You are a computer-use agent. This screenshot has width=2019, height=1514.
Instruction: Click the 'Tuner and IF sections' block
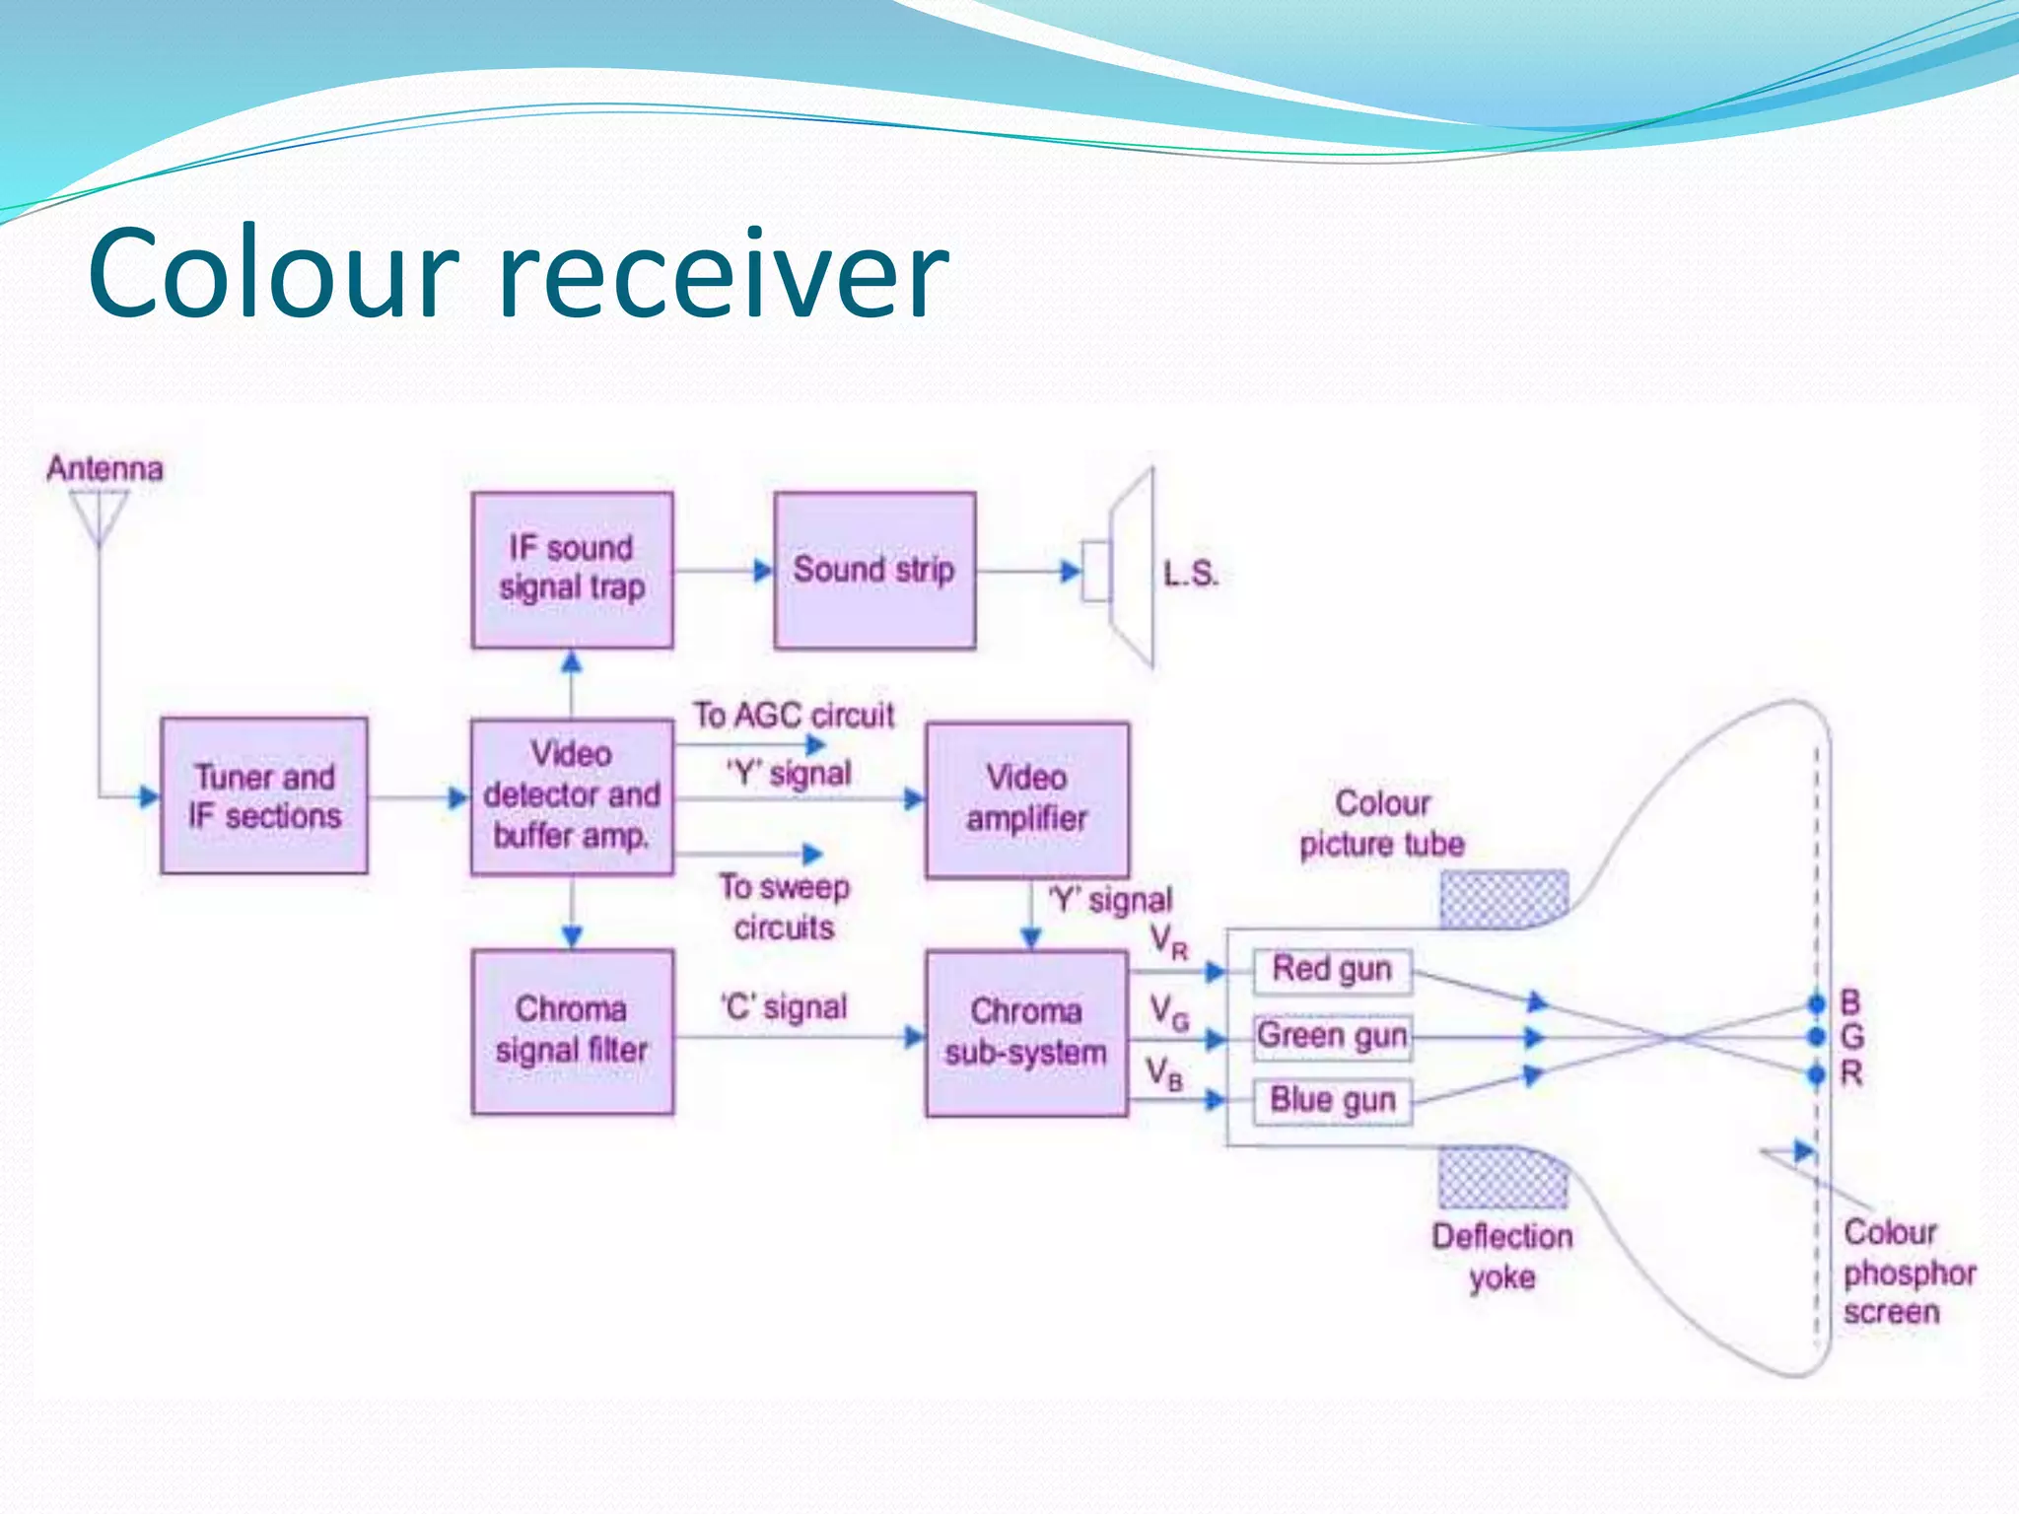click(x=264, y=795)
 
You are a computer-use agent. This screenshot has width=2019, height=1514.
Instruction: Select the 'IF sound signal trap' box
click(x=572, y=570)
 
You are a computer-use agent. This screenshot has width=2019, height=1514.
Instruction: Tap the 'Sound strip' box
click(x=874, y=570)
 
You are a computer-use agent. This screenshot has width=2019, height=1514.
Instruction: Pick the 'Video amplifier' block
click(x=1026, y=798)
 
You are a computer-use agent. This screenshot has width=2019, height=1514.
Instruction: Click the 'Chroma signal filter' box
click(x=572, y=1031)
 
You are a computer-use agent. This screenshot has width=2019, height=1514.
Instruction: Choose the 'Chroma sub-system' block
click(x=1026, y=1032)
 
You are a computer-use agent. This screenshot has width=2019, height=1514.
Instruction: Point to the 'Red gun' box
click(x=1331, y=970)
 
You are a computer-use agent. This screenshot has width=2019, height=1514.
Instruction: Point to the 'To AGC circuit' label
click(x=793, y=715)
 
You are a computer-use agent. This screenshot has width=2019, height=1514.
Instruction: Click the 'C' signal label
click(x=784, y=1007)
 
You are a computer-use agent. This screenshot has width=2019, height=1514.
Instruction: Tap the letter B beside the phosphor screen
click(x=1850, y=1003)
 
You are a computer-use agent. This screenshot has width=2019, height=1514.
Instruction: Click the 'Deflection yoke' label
click(x=1501, y=1257)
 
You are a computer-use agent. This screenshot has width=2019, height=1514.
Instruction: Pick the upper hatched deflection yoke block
click(x=1502, y=899)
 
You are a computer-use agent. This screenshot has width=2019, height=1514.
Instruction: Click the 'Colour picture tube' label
click(x=1381, y=824)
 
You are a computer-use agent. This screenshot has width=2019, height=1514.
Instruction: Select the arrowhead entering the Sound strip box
click(x=763, y=570)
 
